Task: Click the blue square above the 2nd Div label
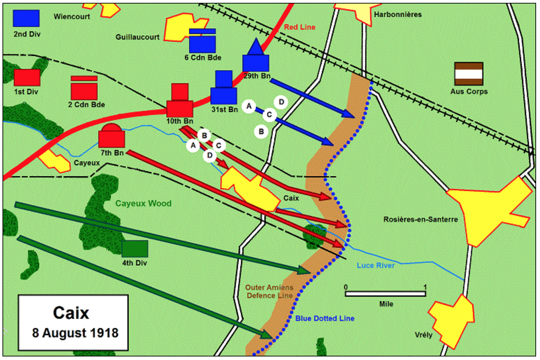point(26,18)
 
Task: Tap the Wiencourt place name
point(72,17)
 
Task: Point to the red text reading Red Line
point(299,27)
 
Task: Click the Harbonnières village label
point(398,15)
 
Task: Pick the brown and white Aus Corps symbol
point(468,73)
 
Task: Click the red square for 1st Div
point(27,77)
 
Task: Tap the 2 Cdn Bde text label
point(86,105)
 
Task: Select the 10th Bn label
point(180,121)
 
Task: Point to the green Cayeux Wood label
point(143,203)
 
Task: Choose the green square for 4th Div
point(135,249)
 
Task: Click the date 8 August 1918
point(75,333)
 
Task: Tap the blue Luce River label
point(375,265)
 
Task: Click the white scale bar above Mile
point(385,294)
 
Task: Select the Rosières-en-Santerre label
point(420,219)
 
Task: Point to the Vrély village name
point(424,335)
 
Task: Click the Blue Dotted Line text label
point(325,318)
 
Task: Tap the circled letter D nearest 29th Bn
point(281,102)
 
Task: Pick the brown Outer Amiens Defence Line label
point(270,291)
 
